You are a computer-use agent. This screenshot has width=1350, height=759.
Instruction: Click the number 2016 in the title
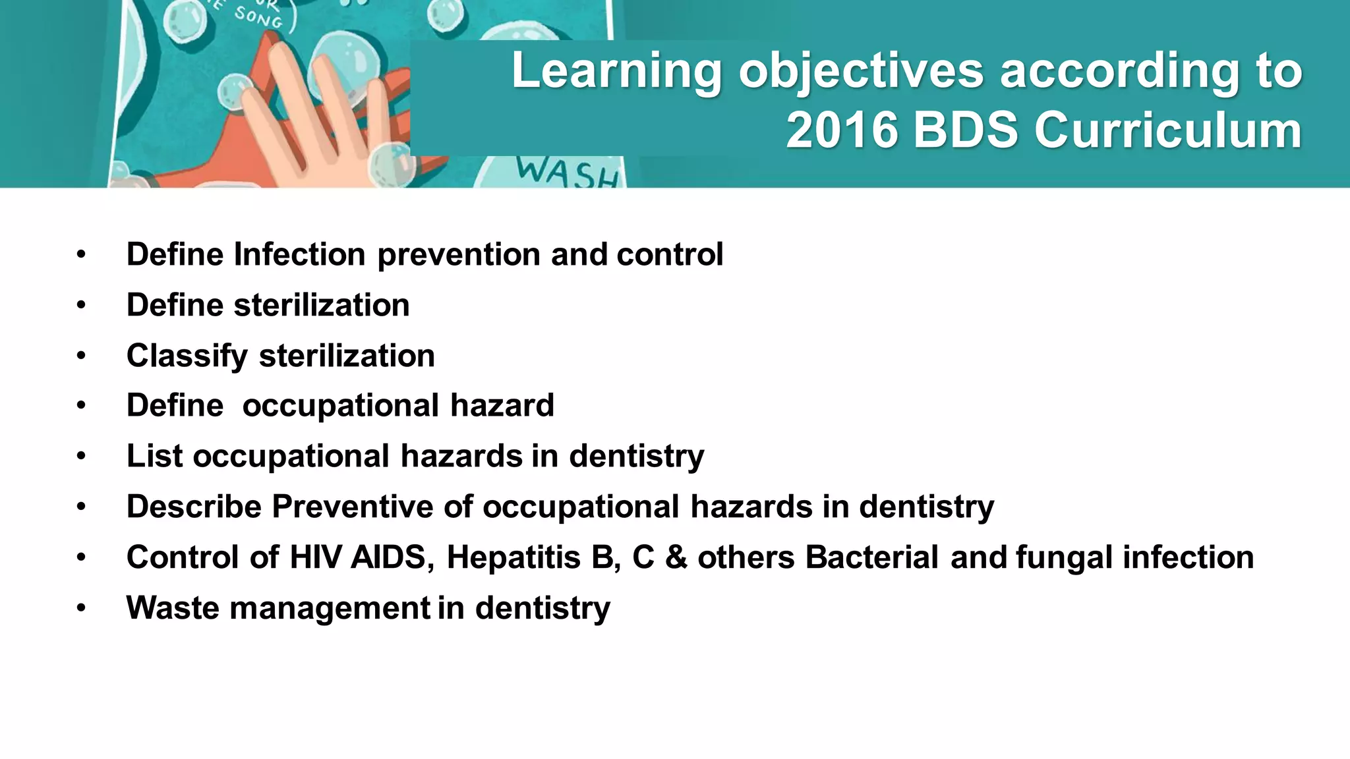842,130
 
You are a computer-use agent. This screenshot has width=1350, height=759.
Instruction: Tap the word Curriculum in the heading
1167,130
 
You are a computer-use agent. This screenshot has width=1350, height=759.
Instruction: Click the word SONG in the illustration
258,19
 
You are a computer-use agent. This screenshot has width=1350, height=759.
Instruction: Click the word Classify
187,356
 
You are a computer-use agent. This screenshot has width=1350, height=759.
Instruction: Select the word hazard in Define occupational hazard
502,405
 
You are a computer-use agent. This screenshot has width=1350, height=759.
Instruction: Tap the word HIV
315,557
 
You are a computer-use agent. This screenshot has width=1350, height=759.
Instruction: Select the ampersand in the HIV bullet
676,557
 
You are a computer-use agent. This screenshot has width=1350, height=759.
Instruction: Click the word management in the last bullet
330,607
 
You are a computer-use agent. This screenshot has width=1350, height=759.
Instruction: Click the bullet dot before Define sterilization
80,305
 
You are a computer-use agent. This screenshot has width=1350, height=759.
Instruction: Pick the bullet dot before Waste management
80,607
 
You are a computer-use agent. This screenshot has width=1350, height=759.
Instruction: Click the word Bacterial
871,557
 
